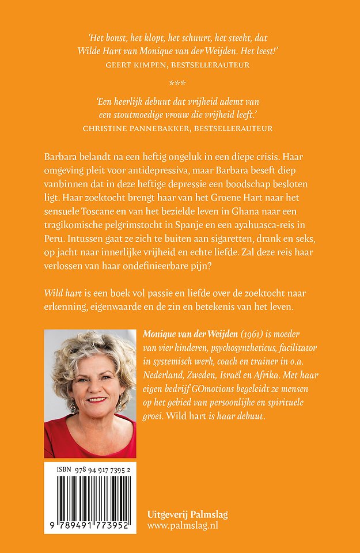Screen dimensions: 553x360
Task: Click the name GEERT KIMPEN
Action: click(134, 65)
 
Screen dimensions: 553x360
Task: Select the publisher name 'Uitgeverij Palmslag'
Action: click(187, 514)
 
